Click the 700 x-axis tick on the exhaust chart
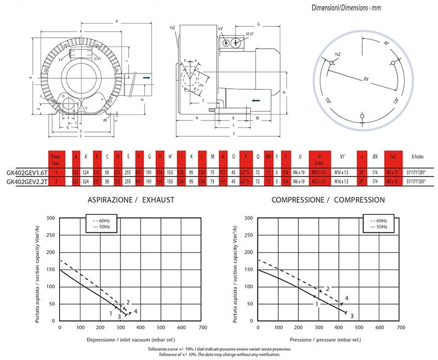[x=202, y=328]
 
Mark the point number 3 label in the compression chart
[x=352, y=316]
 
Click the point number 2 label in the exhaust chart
[x=128, y=302]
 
